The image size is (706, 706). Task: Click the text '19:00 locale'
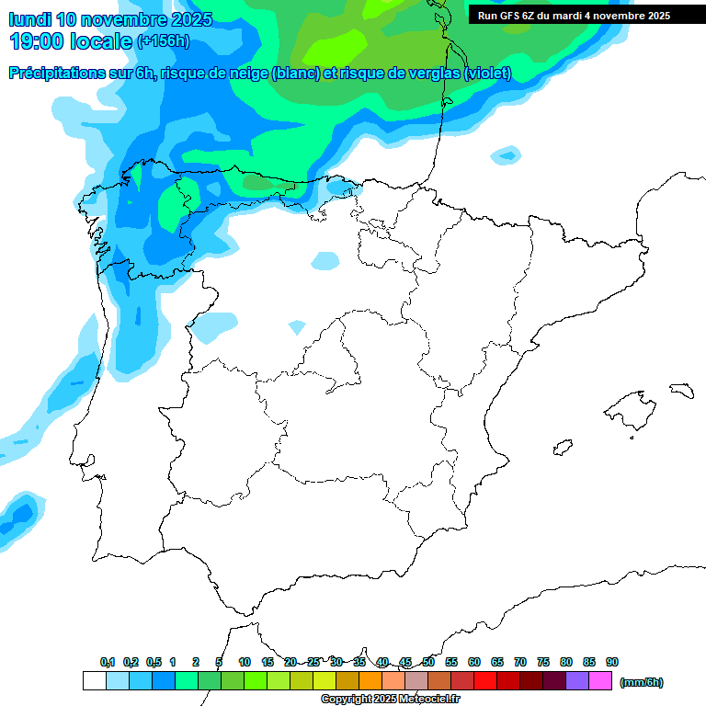71,41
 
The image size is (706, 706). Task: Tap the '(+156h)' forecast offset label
163,41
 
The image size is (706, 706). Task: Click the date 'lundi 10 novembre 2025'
110,19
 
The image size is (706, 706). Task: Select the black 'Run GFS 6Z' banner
586,16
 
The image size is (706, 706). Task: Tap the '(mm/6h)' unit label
641,682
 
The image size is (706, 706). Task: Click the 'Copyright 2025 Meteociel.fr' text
390,700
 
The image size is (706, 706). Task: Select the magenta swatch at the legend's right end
600,681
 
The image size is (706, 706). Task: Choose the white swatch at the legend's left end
94,681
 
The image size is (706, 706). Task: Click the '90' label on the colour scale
612,662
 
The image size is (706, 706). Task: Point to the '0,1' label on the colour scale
108,662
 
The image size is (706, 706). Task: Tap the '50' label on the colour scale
428,662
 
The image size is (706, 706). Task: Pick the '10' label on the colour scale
245,662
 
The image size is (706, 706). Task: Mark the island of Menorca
681,392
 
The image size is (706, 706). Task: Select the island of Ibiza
560,449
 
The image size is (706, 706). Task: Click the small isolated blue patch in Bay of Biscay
505,154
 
